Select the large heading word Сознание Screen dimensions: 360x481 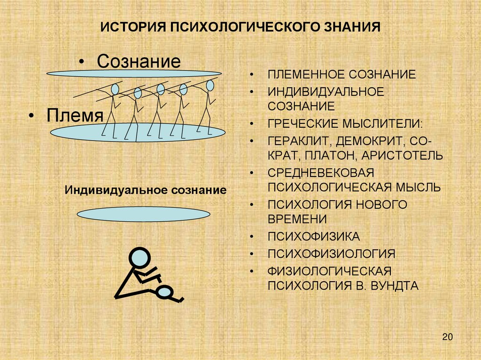[x=139, y=61]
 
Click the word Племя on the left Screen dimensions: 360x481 [x=75, y=115]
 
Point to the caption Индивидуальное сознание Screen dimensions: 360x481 [x=146, y=191]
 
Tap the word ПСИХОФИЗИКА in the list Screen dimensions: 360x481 [x=314, y=236]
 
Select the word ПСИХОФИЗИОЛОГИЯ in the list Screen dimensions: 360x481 [x=332, y=254]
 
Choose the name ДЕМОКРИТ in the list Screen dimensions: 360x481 [x=366, y=141]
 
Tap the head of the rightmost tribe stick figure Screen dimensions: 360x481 [x=209, y=85]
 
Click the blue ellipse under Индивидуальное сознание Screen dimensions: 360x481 [x=143, y=214]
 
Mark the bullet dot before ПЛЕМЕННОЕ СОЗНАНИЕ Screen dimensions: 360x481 [x=252, y=75]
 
